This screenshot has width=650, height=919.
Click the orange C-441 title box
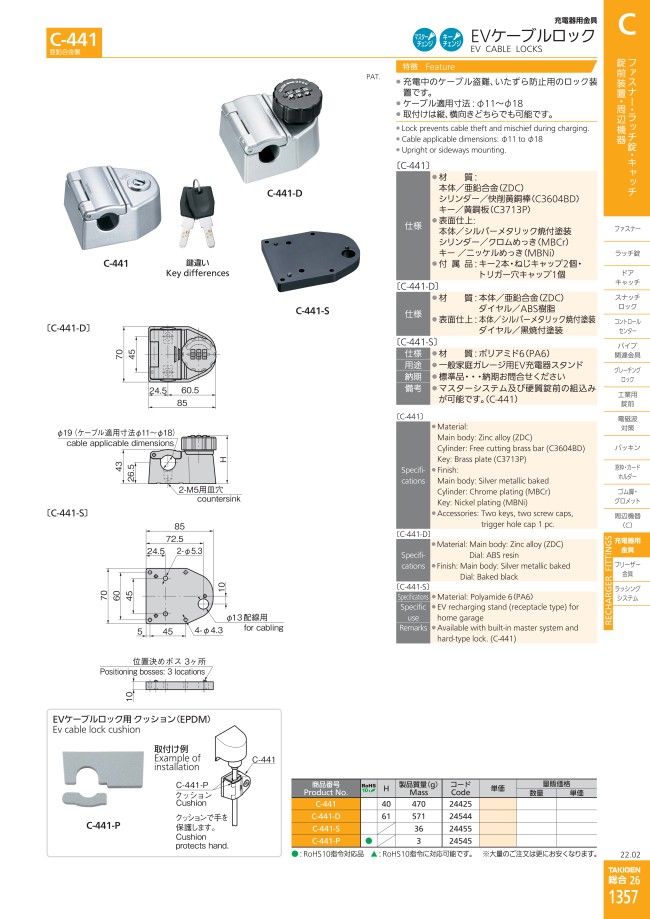point(73,40)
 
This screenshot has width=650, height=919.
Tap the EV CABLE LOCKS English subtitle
point(504,48)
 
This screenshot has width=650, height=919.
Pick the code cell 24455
point(460,828)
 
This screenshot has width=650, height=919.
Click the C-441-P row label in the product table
point(325,841)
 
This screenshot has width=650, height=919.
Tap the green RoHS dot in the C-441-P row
point(368,841)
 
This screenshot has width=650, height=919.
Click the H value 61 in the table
point(386,815)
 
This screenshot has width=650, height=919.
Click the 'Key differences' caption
point(197,273)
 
